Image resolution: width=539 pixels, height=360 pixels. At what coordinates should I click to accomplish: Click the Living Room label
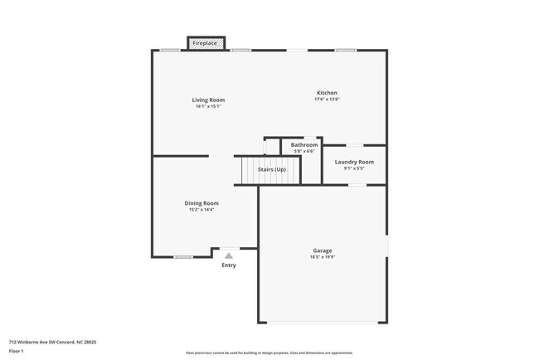(x=210, y=100)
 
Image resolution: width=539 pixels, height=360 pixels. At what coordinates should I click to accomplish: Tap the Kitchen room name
(x=327, y=92)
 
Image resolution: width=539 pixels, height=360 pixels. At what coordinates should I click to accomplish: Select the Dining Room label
(x=202, y=202)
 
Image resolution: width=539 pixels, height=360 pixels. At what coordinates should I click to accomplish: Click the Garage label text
(x=323, y=250)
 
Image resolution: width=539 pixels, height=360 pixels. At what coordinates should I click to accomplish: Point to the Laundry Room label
(x=354, y=162)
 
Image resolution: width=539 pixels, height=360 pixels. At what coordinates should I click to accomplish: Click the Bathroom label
(x=304, y=144)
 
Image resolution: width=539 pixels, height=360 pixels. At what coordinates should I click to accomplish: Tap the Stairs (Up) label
(x=272, y=169)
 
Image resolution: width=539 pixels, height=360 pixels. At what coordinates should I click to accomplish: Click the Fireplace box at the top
(x=205, y=42)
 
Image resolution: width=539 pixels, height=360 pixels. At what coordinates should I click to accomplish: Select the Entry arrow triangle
(x=229, y=255)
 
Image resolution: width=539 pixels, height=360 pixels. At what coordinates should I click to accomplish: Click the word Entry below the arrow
(x=229, y=265)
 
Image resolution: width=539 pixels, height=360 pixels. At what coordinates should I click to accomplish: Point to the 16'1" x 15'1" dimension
(x=210, y=106)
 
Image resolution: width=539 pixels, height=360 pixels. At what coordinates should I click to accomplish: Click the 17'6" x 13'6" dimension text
(x=327, y=99)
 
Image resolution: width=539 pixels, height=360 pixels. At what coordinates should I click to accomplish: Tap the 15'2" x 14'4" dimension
(x=202, y=209)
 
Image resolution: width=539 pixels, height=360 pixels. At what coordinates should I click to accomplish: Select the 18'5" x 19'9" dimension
(x=323, y=256)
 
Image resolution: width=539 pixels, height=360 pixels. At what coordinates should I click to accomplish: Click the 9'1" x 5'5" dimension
(x=354, y=168)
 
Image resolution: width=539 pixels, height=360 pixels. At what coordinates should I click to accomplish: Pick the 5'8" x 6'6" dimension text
(x=304, y=151)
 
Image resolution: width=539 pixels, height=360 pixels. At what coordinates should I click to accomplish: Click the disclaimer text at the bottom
(x=269, y=353)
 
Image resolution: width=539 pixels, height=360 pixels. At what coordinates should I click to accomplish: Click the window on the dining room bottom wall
(x=183, y=256)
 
